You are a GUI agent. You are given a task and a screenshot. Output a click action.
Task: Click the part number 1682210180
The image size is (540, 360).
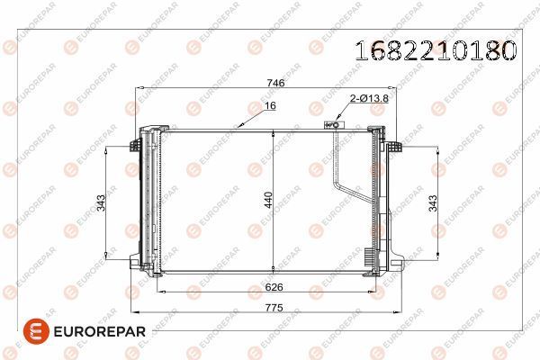[436, 50]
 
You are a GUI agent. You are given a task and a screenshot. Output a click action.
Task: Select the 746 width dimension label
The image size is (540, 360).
[276, 83]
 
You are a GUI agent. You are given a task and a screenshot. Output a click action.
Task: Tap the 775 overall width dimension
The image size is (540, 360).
[274, 307]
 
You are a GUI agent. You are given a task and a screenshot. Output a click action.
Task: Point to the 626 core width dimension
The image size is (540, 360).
[274, 287]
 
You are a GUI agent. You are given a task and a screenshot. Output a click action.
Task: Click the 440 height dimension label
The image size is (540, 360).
[268, 200]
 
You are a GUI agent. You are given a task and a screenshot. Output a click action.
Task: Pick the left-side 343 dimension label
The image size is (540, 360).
[101, 202]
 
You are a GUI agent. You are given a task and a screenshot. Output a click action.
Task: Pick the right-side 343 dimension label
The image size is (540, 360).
[433, 202]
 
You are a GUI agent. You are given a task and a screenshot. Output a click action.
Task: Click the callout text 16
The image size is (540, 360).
[271, 106]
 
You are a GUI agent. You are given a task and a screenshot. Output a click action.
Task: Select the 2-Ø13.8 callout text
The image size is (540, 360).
[369, 98]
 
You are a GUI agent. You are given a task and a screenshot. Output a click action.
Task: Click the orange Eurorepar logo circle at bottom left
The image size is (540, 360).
[36, 331]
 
